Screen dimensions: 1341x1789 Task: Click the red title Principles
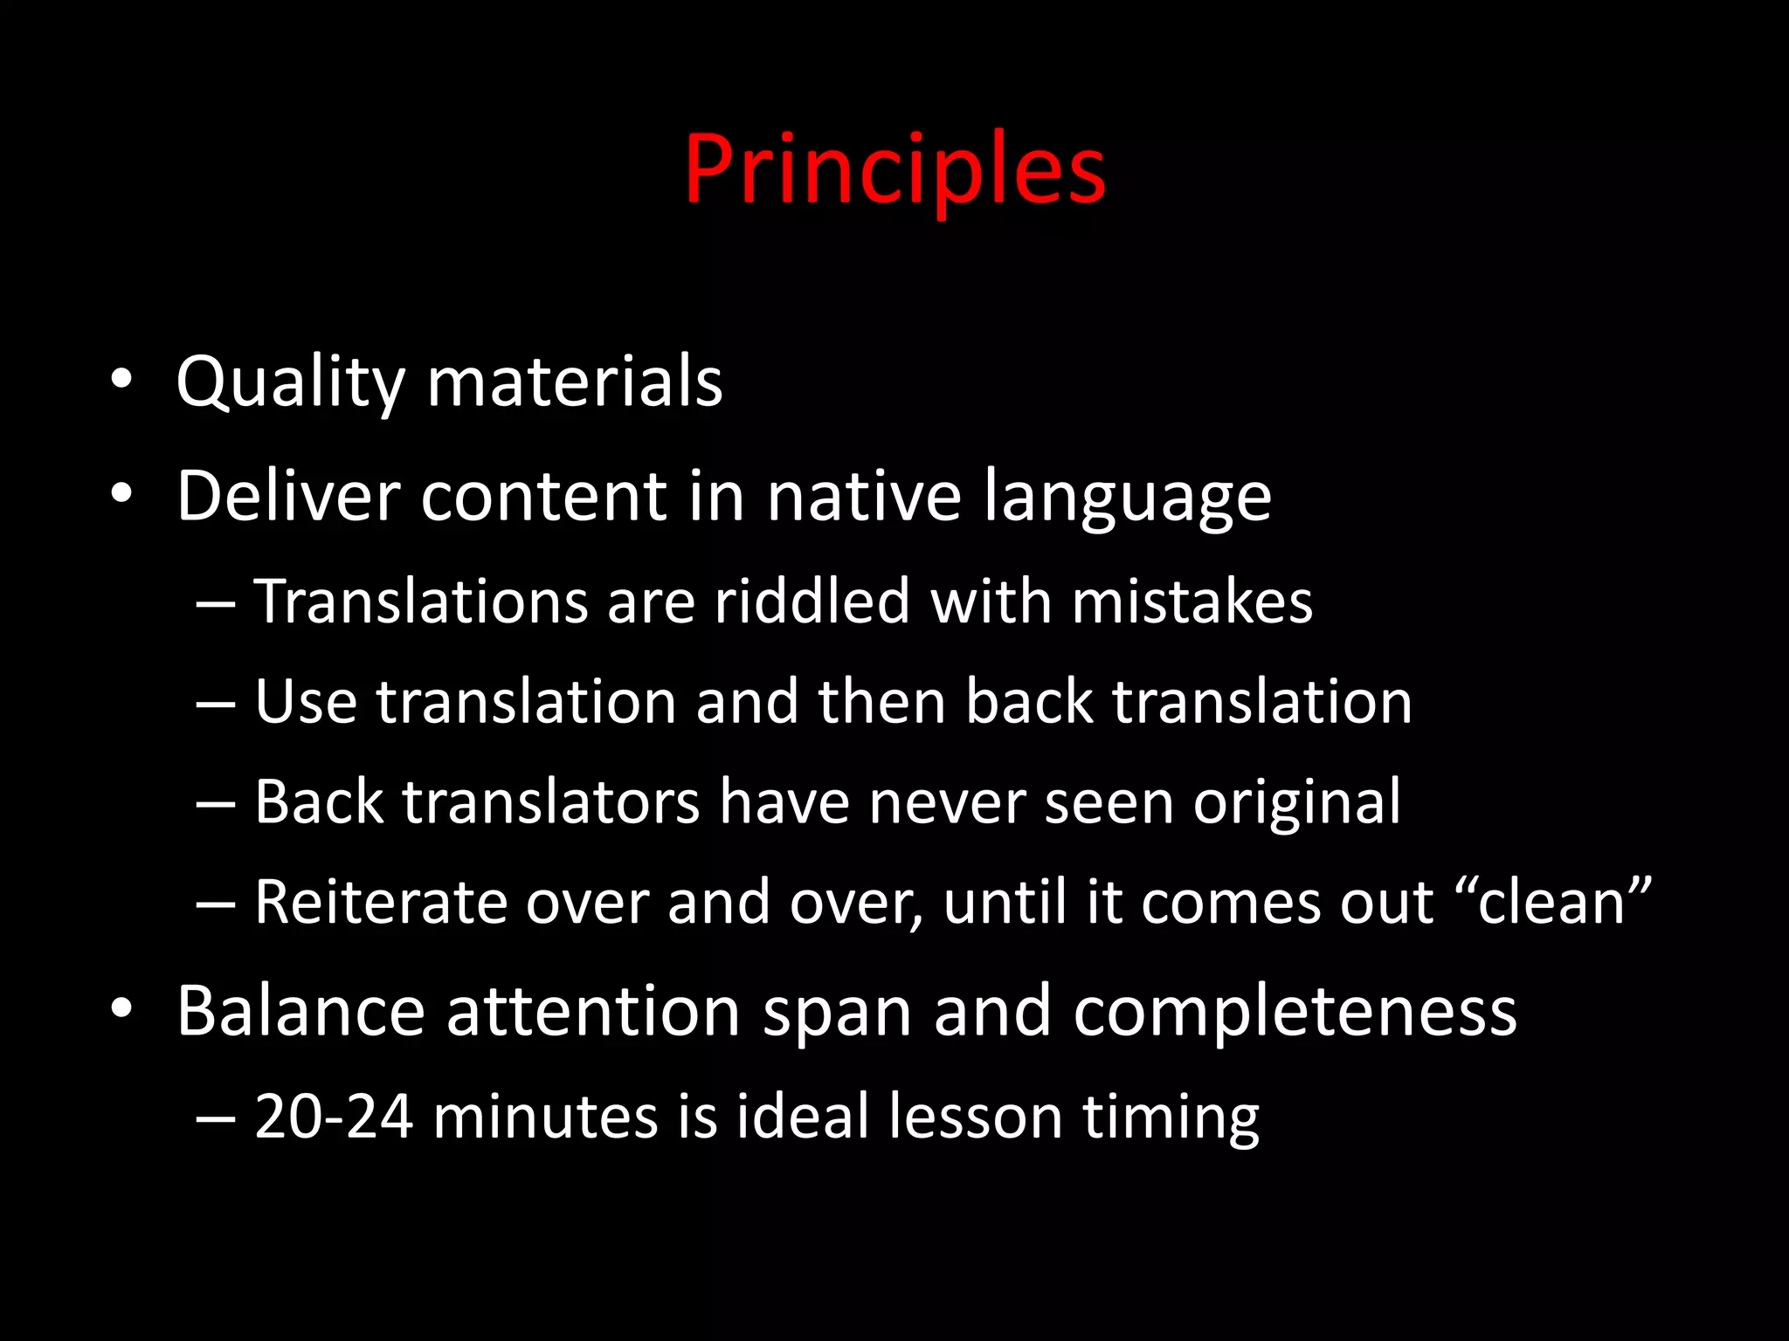pos(894,170)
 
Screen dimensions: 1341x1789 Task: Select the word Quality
pos(290,382)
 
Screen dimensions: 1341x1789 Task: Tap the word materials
pos(575,382)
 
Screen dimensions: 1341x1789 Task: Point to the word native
pos(863,496)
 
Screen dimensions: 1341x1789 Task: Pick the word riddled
pos(812,602)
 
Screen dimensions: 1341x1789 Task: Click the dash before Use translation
pos(215,703)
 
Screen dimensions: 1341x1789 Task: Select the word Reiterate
pos(380,901)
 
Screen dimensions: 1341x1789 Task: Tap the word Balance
pos(300,1011)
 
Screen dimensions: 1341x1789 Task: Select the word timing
pos(1171,1117)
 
